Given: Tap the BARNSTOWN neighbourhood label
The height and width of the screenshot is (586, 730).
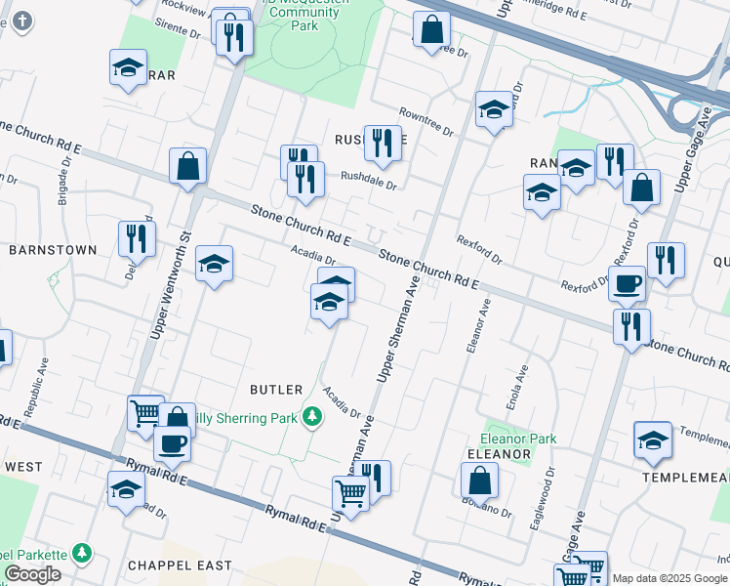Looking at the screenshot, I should click(53, 250).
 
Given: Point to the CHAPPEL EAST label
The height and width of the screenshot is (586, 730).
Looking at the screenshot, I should click(180, 565).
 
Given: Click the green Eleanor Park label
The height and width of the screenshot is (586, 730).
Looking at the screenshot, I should click(517, 439).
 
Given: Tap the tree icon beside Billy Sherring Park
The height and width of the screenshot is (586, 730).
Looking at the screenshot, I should click(311, 418).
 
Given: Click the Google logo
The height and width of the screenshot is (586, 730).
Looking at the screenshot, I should click(33, 574).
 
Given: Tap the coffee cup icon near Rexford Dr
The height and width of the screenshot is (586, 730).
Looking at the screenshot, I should click(627, 284).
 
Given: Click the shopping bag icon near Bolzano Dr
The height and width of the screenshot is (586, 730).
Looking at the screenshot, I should click(479, 481).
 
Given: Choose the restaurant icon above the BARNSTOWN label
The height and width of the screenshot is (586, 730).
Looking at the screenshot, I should click(137, 238).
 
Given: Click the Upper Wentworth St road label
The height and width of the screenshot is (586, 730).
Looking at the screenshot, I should click(169, 283).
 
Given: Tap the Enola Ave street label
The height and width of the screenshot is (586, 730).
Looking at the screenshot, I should click(522, 386).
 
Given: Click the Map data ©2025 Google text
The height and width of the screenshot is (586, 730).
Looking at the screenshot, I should click(670, 578).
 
